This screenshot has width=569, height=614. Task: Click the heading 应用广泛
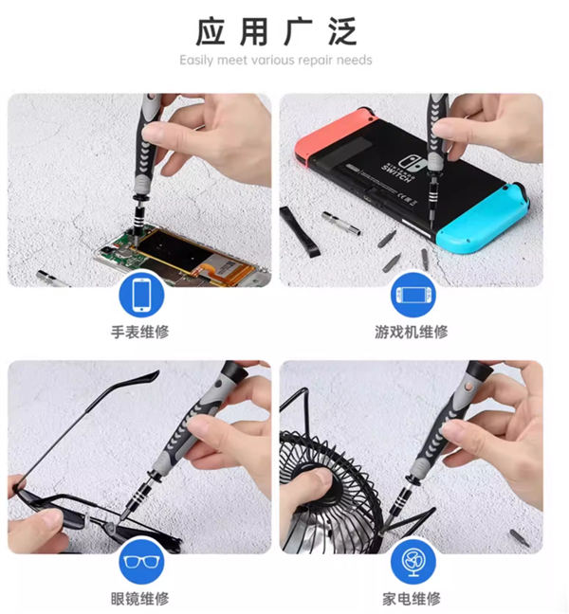[276, 31]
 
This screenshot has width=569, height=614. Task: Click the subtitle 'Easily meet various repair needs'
[276, 60]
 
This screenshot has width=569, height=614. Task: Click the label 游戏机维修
[413, 333]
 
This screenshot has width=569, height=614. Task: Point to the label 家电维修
[413, 599]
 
